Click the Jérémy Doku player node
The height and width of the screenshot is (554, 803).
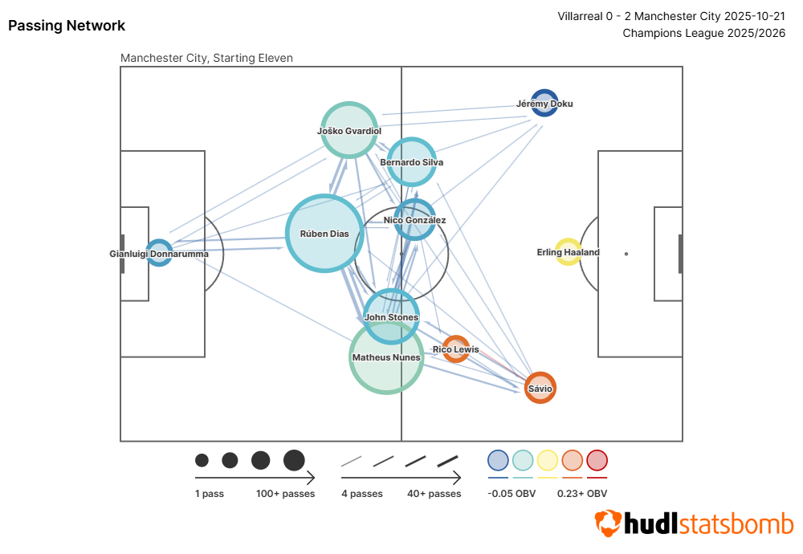pyautogui.click(x=544, y=103)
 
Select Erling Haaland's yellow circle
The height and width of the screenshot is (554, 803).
pyautogui.click(x=569, y=252)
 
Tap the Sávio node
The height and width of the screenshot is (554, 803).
pyautogui.click(x=540, y=388)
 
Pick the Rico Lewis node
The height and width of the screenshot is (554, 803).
pyautogui.click(x=456, y=348)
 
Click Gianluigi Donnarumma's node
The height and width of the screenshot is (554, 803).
pyautogui.click(x=159, y=253)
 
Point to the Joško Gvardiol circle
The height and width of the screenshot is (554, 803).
pyautogui.click(x=349, y=130)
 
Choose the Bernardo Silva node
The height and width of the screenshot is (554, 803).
pyautogui.click(x=412, y=161)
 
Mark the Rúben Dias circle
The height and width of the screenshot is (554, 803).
pyautogui.click(x=325, y=234)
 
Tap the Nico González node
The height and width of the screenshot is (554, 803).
pyautogui.click(x=414, y=220)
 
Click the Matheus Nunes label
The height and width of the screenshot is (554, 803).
pyautogui.click(x=386, y=357)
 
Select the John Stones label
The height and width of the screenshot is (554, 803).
pyautogui.click(x=392, y=317)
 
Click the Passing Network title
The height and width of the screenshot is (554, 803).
pyautogui.click(x=67, y=26)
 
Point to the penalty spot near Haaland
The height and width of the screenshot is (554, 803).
pyautogui.click(x=626, y=254)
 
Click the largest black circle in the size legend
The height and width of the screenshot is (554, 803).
pyautogui.click(x=294, y=460)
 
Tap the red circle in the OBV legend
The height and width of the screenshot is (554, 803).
pyautogui.click(x=597, y=460)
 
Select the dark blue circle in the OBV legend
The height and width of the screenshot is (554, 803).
pyautogui.click(x=498, y=460)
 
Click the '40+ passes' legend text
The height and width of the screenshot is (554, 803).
pyautogui.click(x=434, y=494)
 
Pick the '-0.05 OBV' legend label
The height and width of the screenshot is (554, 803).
pyautogui.click(x=512, y=494)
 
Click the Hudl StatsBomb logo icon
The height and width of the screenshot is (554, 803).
pyautogui.click(x=608, y=523)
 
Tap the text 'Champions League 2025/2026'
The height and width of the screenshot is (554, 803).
pyautogui.click(x=703, y=33)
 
